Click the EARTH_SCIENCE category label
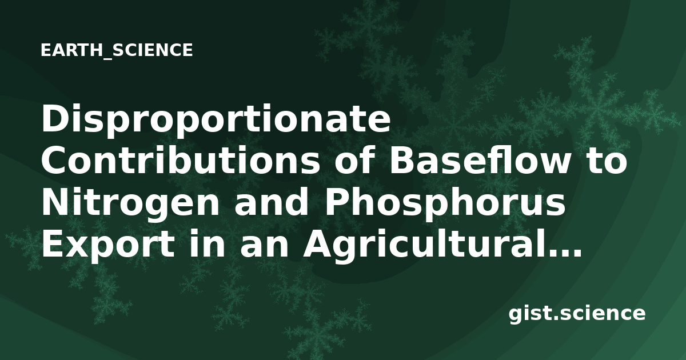[117, 50]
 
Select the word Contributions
[181, 161]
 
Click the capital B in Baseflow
[402, 161]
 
